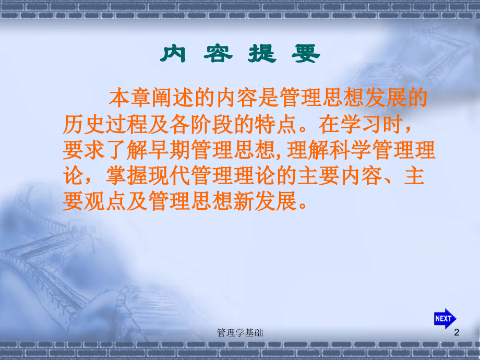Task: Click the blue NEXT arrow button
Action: click(x=445, y=318)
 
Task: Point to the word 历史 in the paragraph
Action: click(x=83, y=125)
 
